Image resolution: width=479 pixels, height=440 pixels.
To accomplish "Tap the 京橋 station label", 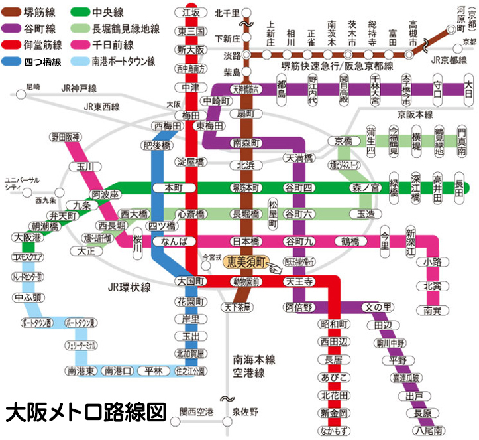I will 344,141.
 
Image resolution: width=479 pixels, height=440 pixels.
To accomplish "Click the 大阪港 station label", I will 27,237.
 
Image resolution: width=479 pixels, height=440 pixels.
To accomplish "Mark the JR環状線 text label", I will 129,287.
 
